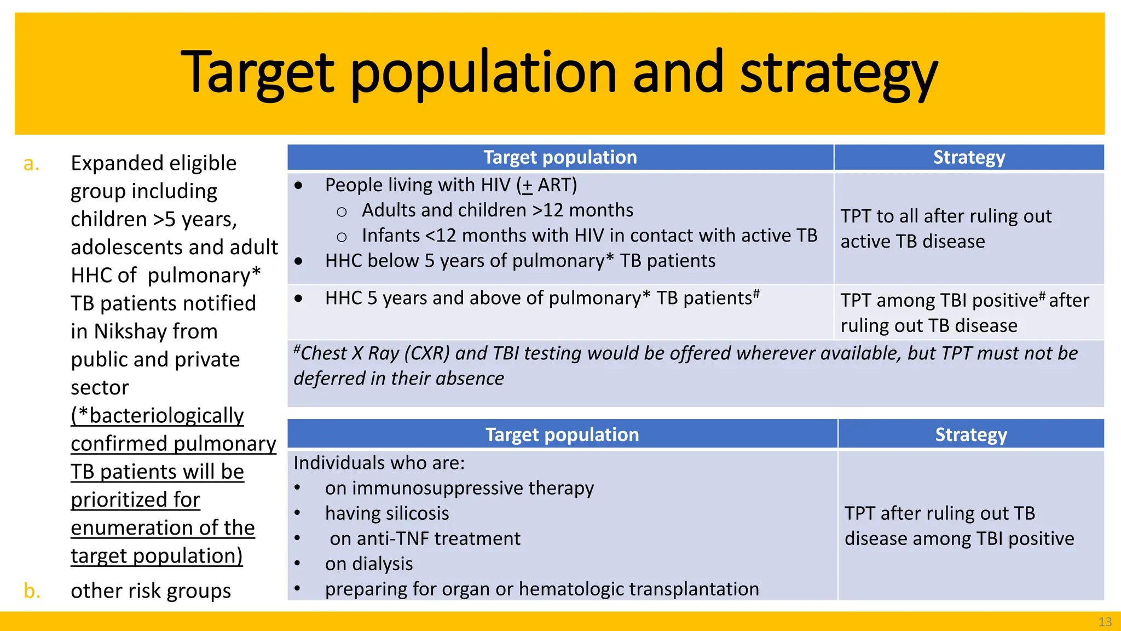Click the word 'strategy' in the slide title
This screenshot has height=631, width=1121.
point(839,74)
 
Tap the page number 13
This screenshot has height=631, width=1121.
point(1105,622)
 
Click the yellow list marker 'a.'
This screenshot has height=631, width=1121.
point(31,163)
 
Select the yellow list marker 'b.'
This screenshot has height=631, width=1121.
point(32,591)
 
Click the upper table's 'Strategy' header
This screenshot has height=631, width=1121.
point(969,158)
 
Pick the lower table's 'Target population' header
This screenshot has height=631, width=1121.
point(562,434)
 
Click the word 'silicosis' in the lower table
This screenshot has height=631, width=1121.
point(414,514)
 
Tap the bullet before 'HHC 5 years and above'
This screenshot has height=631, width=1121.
point(298,299)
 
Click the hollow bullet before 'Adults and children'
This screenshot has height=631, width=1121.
point(342,211)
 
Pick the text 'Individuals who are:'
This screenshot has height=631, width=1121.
point(379,463)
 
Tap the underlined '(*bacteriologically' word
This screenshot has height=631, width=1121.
point(157,416)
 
